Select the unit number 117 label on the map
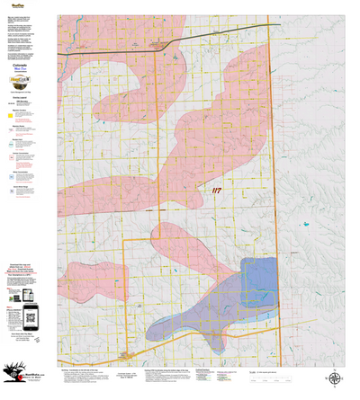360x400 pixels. pyautogui.click(x=216, y=191)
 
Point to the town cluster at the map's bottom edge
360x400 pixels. pyautogui.click(x=127, y=358)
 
